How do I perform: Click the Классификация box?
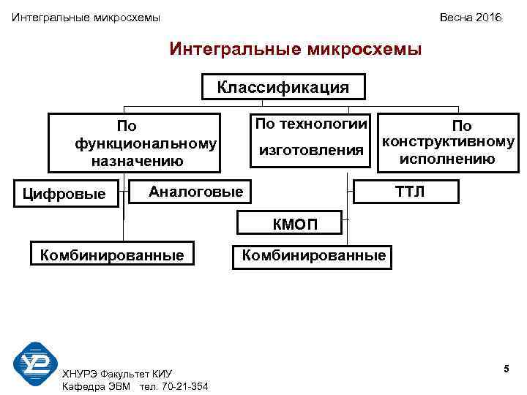[283, 88]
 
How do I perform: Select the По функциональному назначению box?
[135, 143]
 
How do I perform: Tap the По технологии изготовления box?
[310, 138]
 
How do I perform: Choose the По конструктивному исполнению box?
[447, 143]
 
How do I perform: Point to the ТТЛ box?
[408, 192]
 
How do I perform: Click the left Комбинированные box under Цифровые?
[112, 255]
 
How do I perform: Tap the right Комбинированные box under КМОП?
[313, 255]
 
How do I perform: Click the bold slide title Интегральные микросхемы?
[295, 50]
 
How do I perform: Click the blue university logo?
[36, 364]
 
